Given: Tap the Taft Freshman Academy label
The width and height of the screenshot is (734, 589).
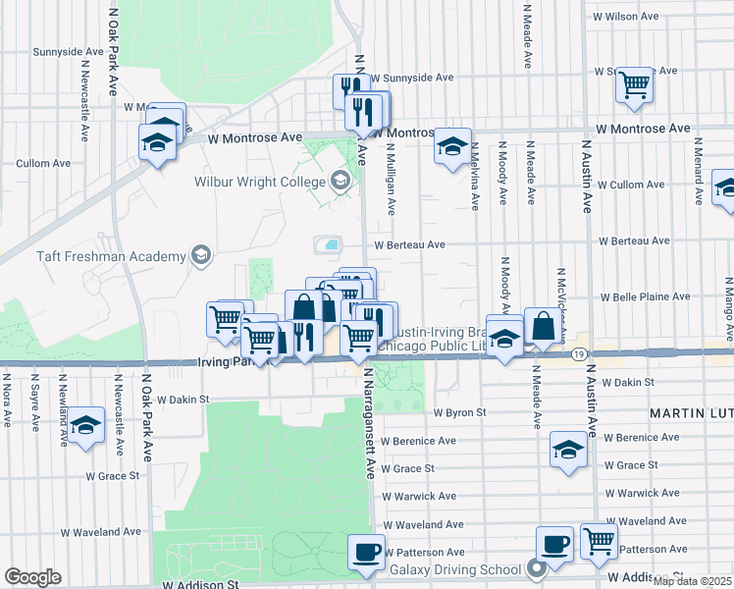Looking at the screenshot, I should pyautogui.click(x=111, y=256).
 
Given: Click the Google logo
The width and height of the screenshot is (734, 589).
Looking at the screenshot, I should pyautogui.click(x=32, y=577).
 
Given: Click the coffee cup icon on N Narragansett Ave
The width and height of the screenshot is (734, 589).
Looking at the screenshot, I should pyautogui.click(x=367, y=551).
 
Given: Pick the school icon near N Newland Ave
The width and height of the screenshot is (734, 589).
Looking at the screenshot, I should pyautogui.click(x=86, y=425).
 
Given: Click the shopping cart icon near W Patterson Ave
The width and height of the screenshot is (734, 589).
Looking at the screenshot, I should pyautogui.click(x=598, y=540).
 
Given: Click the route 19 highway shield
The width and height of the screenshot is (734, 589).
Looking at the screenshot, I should pyautogui.click(x=582, y=352).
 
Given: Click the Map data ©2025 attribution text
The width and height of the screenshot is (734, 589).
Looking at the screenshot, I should pyautogui.click(x=692, y=580).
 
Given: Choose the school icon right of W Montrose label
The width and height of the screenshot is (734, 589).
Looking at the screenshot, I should pyautogui.click(x=452, y=146).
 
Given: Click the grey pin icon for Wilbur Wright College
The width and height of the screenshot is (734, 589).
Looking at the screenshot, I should pyautogui.click(x=341, y=180).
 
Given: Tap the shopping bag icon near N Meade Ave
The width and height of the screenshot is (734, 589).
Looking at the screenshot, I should pyautogui.click(x=542, y=326).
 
